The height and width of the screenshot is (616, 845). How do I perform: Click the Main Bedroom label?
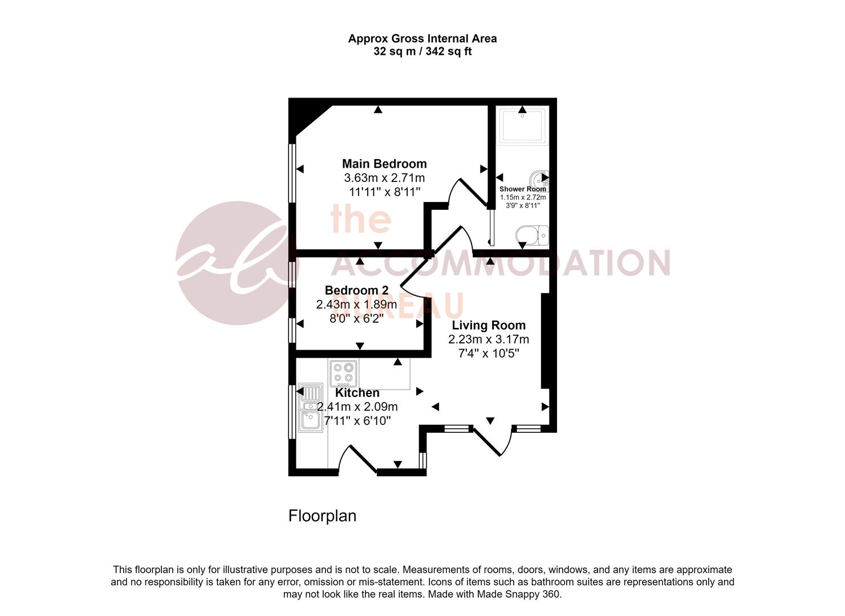pos(384,164)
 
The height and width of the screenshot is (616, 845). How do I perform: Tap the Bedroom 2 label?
pos(356,290)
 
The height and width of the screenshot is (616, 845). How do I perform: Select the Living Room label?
pos(489,326)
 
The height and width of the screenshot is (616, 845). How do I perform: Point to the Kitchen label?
pos(357,394)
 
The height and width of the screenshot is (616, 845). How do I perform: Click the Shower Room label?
pos(522,189)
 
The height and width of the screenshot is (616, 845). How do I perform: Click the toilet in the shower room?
pos(531,234)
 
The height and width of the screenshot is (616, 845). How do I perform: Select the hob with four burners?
pos(343,373)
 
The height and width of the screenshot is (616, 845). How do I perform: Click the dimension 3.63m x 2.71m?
pos(384,178)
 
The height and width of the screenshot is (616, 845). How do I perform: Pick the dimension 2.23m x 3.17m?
pos(489,339)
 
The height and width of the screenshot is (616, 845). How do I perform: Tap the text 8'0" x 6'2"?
pos(356,318)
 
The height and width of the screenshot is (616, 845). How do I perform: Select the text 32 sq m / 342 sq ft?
pos(422,52)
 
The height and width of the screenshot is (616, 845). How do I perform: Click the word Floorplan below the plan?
pos(322,516)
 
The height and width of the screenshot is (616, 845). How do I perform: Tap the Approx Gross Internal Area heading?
pos(422,39)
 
